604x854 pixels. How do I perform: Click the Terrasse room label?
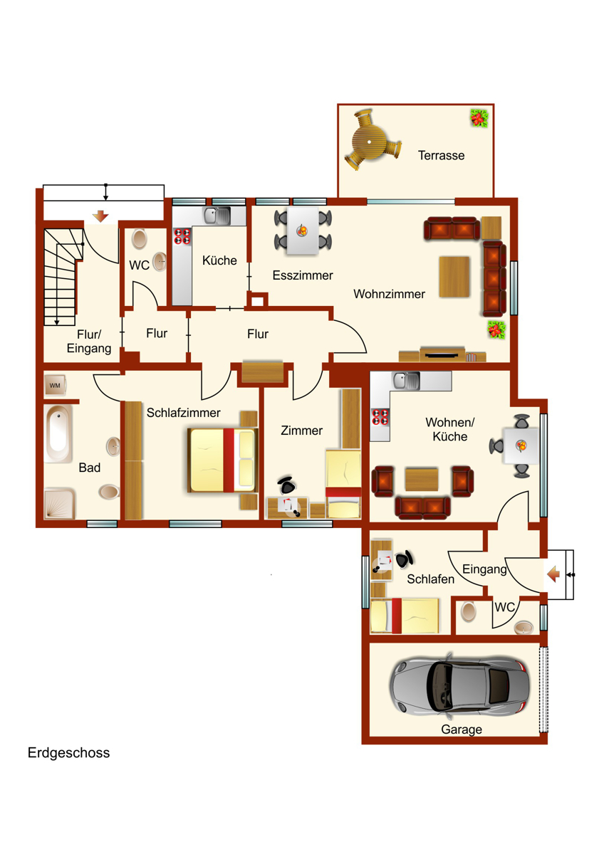[x=441, y=155]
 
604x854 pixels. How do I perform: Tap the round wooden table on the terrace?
[x=370, y=142]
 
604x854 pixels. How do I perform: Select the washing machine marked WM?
[x=55, y=386]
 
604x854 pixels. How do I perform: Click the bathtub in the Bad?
[x=58, y=433]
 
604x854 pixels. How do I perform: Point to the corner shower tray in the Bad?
[x=59, y=504]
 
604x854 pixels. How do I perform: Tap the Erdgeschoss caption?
[x=68, y=753]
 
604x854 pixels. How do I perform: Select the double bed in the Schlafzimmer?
[x=223, y=460]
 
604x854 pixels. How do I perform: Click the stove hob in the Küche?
[x=182, y=236]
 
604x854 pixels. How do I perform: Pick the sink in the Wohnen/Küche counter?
[x=407, y=380]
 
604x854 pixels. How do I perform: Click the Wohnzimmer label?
[x=389, y=294]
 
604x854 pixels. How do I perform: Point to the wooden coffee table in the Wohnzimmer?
[x=454, y=277]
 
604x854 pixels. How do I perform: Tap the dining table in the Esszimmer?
[x=303, y=231]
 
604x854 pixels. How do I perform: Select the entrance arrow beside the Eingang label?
[x=553, y=574]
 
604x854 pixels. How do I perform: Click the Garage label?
[x=462, y=729]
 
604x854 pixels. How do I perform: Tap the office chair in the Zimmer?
[x=286, y=485]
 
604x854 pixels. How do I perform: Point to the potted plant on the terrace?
[x=479, y=118]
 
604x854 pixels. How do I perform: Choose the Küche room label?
[x=219, y=260]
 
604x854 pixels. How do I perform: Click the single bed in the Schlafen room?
[x=405, y=616]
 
